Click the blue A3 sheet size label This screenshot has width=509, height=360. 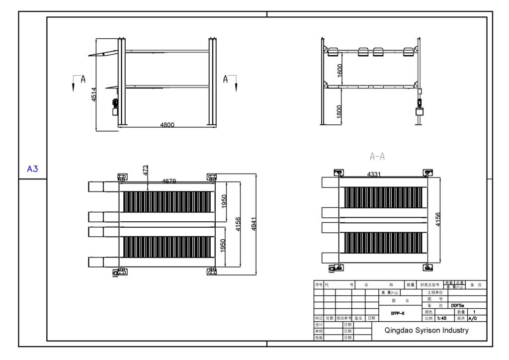click(32, 169)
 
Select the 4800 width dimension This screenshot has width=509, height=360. click(167, 125)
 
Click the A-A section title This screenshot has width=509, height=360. click(377, 157)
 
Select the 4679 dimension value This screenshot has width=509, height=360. click(169, 181)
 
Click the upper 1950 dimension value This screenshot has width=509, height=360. click(224, 201)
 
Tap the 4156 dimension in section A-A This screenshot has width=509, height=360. click(437, 219)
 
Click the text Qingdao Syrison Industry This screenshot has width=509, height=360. click(426, 330)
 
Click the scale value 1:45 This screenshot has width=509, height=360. click(441, 318)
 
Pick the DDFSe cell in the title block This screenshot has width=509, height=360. click(457, 306)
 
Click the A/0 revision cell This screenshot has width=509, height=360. click(472, 318)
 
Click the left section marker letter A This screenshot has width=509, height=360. click(83, 79)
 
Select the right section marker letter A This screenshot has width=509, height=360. click(226, 79)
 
